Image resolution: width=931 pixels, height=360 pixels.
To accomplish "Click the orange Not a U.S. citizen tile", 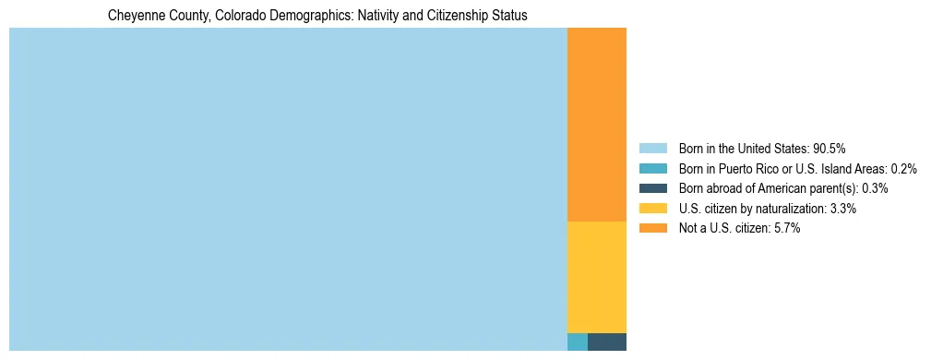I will (596, 125).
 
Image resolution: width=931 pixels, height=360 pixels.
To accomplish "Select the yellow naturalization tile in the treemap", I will (596, 277).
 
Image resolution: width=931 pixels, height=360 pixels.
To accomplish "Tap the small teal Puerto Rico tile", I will (577, 342).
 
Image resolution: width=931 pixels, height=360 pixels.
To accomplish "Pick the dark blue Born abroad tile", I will (606, 342).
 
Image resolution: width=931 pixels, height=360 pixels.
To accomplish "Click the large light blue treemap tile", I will (288, 189).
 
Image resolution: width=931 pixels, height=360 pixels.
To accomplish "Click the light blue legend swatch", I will (652, 149).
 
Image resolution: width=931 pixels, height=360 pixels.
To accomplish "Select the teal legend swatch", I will (652, 169).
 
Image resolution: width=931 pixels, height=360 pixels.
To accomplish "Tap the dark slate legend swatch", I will (652, 188).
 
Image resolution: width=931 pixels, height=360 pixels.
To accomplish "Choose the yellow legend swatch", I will (652, 209).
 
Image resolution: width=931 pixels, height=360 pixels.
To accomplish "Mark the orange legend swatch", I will (652, 229).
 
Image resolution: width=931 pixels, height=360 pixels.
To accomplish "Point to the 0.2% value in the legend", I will (903, 169).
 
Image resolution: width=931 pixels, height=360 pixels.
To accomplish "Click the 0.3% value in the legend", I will (875, 188).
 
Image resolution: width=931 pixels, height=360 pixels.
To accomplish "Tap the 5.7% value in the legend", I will (786, 229).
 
